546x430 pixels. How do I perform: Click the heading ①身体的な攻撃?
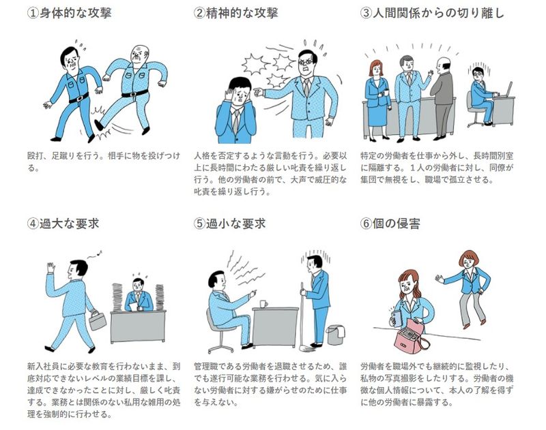(x=70, y=13)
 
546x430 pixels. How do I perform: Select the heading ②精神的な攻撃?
(x=235, y=13)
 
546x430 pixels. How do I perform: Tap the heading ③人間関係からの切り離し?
(x=432, y=13)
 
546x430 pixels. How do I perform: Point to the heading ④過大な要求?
(x=63, y=223)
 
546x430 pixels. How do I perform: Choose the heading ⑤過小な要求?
(x=229, y=223)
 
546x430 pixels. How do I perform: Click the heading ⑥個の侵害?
(x=390, y=223)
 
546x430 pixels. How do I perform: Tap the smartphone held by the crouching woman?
(x=396, y=317)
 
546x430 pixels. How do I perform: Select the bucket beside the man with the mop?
(x=336, y=335)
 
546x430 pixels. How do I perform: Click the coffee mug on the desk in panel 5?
(x=263, y=304)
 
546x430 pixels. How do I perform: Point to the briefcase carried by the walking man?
(x=98, y=320)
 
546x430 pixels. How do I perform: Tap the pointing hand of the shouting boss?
(x=258, y=92)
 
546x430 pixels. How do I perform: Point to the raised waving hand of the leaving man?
(x=51, y=268)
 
